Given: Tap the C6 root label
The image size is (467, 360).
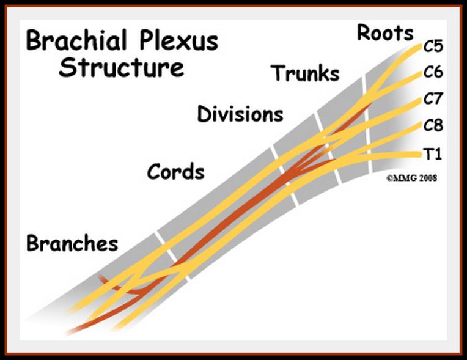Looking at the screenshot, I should click(x=433, y=72).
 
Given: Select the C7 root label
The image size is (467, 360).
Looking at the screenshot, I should click(x=433, y=99).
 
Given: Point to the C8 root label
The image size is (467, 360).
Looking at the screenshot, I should click(x=433, y=126).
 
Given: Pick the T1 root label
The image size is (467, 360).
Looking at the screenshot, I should click(x=433, y=155).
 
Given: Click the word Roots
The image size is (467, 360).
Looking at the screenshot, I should click(x=385, y=32).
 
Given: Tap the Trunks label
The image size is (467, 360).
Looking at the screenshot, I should click(x=306, y=73).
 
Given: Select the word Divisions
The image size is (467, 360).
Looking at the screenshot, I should click(x=240, y=114).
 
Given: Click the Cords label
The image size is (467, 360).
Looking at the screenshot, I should click(x=176, y=172).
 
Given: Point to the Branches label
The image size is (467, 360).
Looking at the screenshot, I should click(x=72, y=243).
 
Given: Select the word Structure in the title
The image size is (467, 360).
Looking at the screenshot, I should click(x=121, y=67).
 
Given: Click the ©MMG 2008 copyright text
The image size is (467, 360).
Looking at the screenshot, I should click(x=411, y=179).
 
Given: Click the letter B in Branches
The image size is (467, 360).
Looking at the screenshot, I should click(x=32, y=243).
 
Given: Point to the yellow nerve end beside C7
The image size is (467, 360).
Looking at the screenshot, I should click(x=417, y=100).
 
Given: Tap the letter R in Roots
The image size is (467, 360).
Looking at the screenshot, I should click(x=364, y=32).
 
